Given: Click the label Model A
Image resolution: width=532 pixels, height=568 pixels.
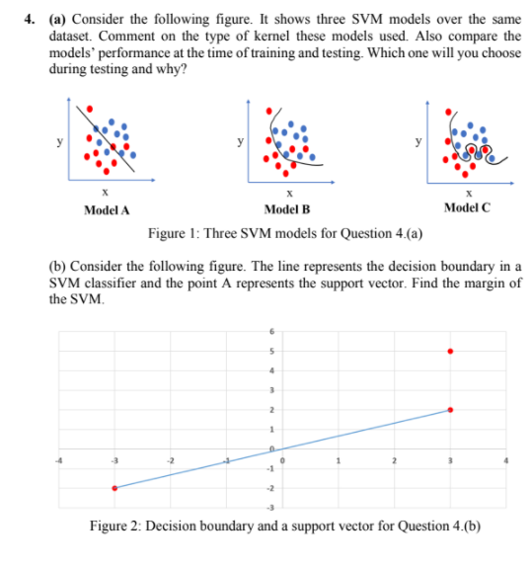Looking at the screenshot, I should point(107,209).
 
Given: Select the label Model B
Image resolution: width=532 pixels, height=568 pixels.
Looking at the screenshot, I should point(287,209).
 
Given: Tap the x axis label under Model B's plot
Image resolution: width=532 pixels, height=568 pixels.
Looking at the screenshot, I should point(287,194).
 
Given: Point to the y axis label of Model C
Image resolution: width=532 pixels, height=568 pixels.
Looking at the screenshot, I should point(422,142).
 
